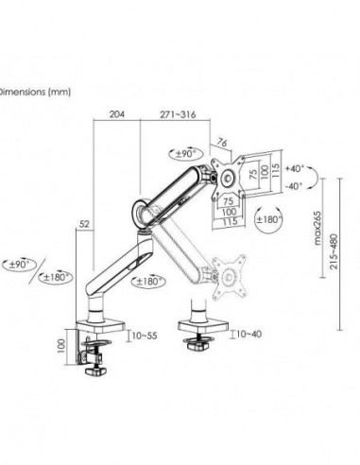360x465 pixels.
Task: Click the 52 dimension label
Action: tap(86, 223)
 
